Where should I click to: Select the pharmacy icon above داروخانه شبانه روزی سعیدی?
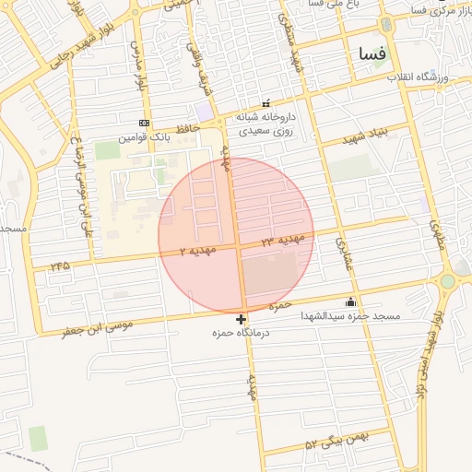coord(267,103)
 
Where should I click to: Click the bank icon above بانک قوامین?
coord(143,122)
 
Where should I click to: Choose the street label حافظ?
coord(190,132)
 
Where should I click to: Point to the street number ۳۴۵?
coord(61,265)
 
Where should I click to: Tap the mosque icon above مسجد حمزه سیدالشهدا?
coord(350,301)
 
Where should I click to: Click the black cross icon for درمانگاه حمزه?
coord(242,319)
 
